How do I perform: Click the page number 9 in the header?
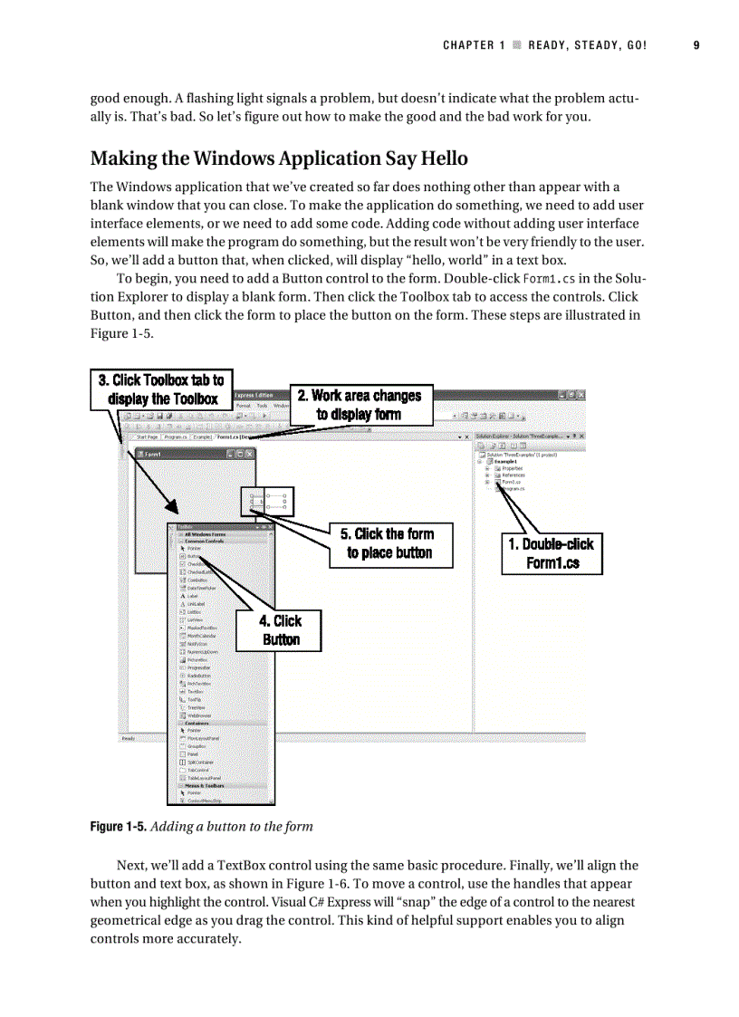pyautogui.click(x=696, y=45)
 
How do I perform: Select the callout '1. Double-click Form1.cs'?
pyautogui.click(x=552, y=553)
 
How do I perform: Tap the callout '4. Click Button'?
pyautogui.click(x=280, y=630)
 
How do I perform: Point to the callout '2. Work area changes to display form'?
pyautogui.click(x=360, y=405)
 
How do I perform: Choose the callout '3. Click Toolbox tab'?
pyautogui.click(x=161, y=389)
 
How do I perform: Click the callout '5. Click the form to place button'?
pyautogui.click(x=389, y=543)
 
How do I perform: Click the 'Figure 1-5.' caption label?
pyautogui.click(x=118, y=826)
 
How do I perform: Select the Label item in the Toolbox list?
pyautogui.click(x=192, y=596)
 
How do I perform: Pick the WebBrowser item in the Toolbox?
pyautogui.click(x=198, y=715)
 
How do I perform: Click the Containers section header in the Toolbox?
pyautogui.click(x=197, y=724)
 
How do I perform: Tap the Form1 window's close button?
pyautogui.click(x=250, y=454)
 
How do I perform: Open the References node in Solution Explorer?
pyautogui.click(x=513, y=475)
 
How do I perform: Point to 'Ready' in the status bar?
pyautogui.click(x=129, y=738)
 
